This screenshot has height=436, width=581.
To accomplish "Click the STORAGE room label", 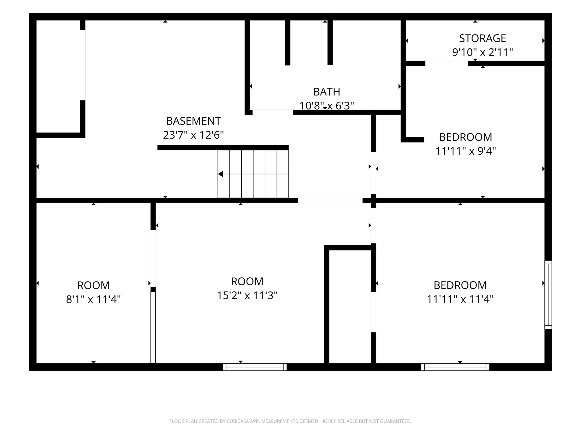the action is tap(483, 38).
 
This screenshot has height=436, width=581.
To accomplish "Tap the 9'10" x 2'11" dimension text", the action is tap(483, 52).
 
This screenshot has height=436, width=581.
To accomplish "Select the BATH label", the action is tap(327, 92).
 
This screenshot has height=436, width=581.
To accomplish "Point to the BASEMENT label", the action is tap(194, 121).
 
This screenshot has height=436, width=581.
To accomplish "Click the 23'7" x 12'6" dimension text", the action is tap(194, 135).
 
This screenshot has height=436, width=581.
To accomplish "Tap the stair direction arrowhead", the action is tap(221, 174).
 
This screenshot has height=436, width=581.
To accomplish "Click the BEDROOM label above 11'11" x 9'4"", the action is tap(466, 137).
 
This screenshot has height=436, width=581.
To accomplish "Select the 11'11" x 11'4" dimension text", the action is tap(460, 299).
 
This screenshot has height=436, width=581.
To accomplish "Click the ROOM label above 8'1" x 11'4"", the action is tap(94, 285).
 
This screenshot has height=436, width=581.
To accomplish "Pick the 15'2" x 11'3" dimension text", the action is tap(247, 295).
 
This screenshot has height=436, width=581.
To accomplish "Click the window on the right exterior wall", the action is tap(548, 295).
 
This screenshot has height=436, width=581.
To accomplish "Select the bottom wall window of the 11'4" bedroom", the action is tap(455, 367).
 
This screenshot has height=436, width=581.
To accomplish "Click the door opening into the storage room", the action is tap(446, 63).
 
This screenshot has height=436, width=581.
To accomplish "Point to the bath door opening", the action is tap(273, 112).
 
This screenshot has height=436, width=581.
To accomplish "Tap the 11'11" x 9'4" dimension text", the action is tap(466, 151).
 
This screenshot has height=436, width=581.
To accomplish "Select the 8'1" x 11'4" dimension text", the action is tap(94, 299).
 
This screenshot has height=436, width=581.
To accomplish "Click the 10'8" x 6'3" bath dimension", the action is tap(327, 106).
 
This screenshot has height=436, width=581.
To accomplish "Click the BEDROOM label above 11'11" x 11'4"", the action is tap(460, 285).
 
